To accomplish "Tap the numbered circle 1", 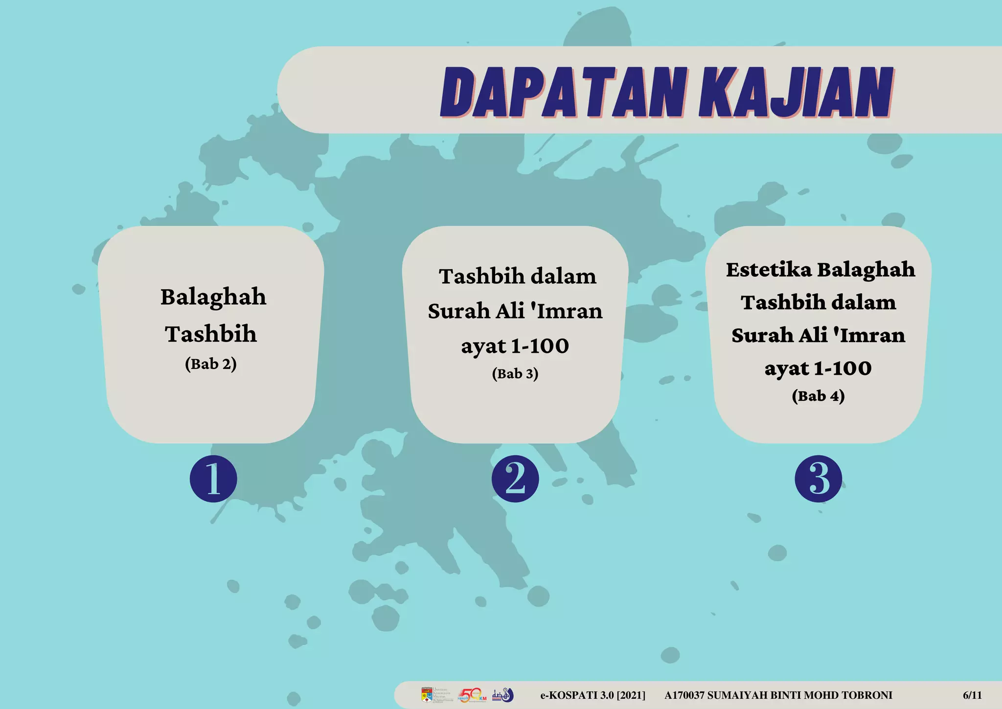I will (x=213, y=479).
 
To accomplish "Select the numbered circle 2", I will (x=515, y=479).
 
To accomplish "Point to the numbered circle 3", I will (x=819, y=479).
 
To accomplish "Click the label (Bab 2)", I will (x=211, y=364).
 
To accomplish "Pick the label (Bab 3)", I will (x=515, y=374).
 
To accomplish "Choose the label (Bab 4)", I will (x=819, y=396).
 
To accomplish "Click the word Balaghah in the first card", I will (x=213, y=297).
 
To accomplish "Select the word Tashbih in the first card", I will (x=211, y=334).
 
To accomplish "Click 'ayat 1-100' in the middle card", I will (x=515, y=346).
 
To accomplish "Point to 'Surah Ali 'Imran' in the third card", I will (x=819, y=336).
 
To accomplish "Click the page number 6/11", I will (x=972, y=695).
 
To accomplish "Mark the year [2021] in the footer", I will (x=631, y=695).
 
